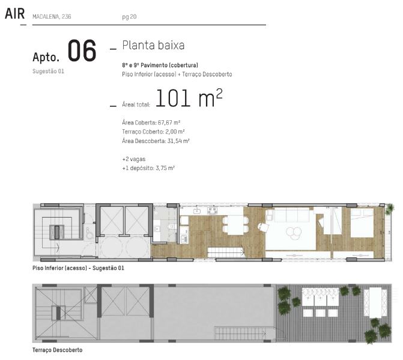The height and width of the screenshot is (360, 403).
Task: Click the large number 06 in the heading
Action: point(82,50)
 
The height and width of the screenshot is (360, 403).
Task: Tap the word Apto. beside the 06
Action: point(46,57)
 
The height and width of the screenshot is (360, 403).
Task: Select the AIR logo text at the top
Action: point(14,14)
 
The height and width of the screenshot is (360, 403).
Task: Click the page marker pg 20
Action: point(129,17)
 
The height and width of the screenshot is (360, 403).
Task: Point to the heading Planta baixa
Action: point(153,45)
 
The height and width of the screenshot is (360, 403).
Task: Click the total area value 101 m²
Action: point(189,98)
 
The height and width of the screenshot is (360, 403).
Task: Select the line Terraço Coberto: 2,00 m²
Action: point(153,132)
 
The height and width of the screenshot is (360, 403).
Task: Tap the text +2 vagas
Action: point(134,159)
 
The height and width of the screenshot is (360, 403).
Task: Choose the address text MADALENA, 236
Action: point(52,17)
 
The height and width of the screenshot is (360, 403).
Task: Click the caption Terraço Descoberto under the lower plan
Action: point(57,350)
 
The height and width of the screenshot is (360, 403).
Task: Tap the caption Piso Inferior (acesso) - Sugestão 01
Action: point(78,268)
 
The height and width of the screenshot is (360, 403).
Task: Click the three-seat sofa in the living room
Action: point(292,215)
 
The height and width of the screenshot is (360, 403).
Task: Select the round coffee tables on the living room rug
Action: point(294,233)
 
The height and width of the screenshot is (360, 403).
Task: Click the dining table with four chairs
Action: point(235,225)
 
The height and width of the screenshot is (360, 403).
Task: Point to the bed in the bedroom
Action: point(362,223)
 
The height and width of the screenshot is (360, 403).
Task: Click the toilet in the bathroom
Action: point(171,227)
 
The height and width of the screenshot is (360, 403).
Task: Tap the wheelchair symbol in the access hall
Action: point(89,233)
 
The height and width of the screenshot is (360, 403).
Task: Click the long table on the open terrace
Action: point(375,302)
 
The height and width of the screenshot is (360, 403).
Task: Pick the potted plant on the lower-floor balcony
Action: point(390,207)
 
